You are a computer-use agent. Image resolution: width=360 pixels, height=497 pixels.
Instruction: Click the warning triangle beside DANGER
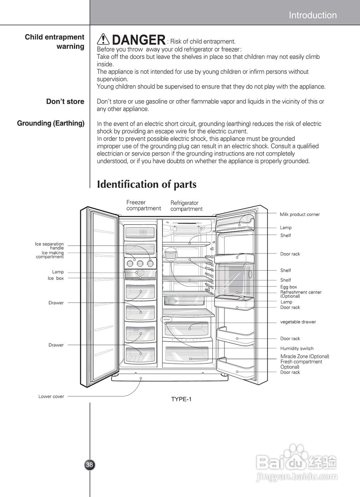104,40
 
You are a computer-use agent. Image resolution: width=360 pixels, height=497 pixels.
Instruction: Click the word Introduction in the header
313,16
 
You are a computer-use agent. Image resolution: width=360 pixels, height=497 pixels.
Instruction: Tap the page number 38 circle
90,464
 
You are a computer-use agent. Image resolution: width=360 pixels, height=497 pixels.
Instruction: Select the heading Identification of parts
147,184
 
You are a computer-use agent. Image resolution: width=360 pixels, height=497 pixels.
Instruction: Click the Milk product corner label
300,214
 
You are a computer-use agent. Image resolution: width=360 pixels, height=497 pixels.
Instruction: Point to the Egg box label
289,287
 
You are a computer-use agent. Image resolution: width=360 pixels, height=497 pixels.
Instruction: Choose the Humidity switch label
297,348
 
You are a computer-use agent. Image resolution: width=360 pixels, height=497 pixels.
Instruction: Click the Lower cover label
51,396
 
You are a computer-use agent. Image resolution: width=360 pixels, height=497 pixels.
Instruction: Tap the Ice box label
55,278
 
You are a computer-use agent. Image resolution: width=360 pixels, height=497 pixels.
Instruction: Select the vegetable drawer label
298,322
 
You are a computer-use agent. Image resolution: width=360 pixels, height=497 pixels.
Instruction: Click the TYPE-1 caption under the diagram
182,399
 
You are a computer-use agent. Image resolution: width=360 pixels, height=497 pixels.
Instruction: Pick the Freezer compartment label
144,205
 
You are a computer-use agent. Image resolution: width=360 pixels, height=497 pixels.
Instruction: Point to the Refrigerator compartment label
186,206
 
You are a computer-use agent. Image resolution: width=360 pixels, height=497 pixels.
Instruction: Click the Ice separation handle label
49,246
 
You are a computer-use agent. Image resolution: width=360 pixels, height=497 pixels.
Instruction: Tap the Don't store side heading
65,102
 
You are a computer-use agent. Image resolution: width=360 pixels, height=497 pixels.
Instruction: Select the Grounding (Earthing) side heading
51,123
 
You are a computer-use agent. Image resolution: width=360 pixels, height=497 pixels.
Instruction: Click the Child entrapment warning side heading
55,42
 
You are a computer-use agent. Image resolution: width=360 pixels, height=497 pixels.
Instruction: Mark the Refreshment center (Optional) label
301,294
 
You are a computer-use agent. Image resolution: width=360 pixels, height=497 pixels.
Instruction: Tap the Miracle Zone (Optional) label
305,356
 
